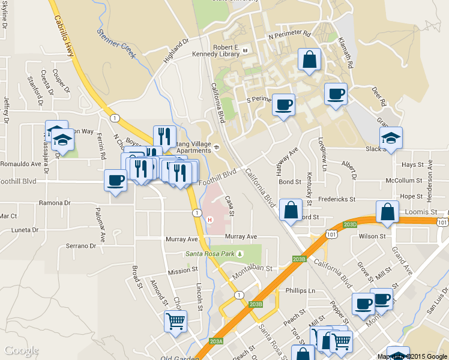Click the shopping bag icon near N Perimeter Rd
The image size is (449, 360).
click(309, 61)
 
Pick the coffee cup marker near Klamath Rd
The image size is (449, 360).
click(336, 94)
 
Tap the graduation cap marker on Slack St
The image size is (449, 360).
click(391, 139)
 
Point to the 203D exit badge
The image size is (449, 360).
click(350, 224)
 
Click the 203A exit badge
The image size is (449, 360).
click(217, 341)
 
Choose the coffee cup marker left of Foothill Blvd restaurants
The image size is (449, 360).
click(116, 181)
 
